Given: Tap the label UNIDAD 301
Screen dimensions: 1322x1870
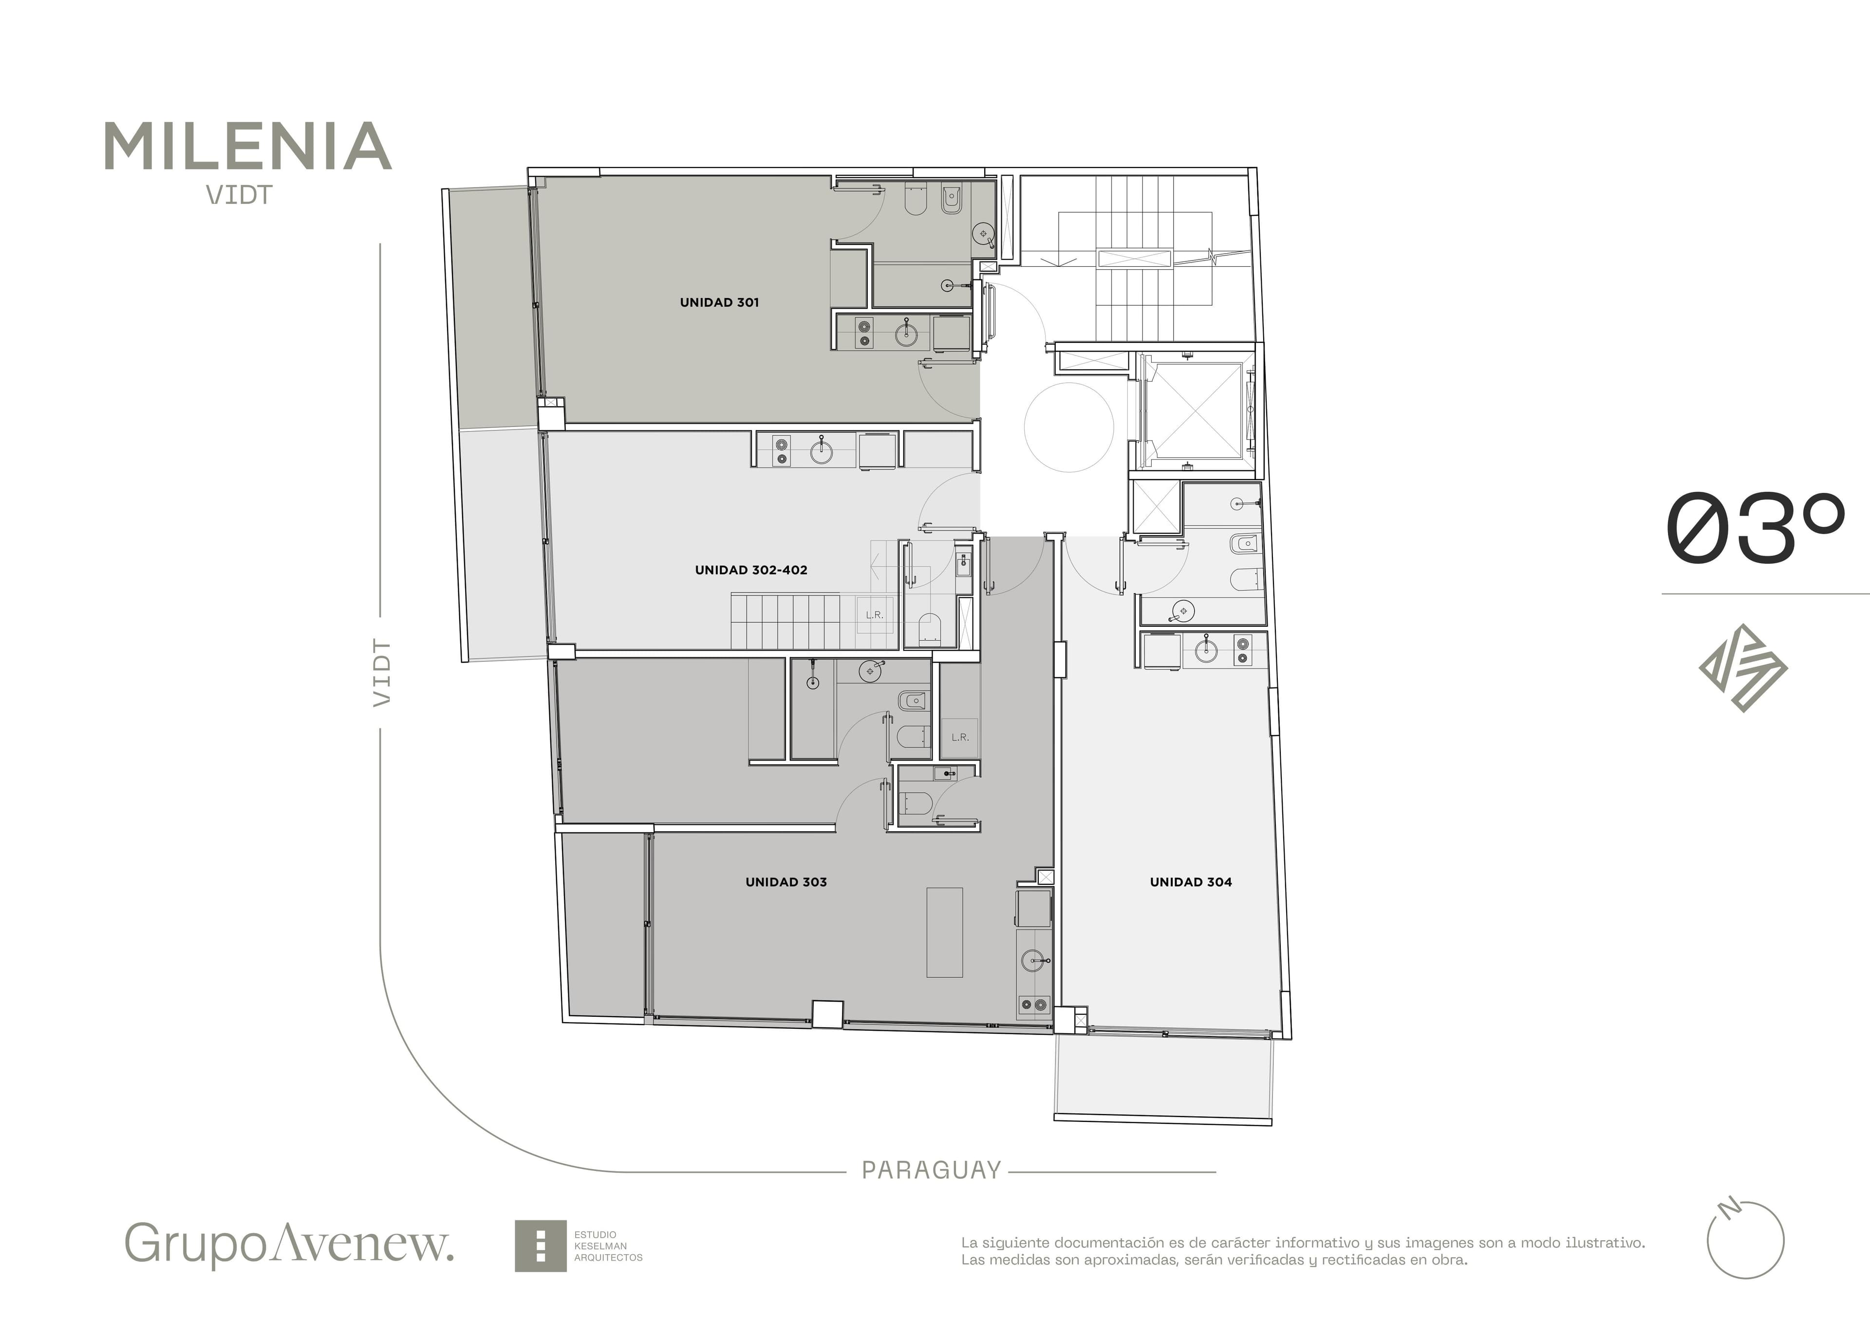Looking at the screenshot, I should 719,302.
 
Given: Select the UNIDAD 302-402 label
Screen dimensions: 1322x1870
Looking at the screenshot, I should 751,570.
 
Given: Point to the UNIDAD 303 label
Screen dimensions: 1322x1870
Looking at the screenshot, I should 786,882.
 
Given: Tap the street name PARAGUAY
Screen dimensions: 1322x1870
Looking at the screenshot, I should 931,1171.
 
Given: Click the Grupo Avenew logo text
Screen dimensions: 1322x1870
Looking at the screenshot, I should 289,1243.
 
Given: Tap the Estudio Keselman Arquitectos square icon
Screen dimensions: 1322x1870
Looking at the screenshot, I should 540,1246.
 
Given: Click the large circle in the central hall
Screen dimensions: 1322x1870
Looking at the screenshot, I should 1068,427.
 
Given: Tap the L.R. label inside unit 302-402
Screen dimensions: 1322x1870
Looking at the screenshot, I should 874,615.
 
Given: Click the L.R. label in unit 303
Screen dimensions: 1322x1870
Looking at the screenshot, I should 959,737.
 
